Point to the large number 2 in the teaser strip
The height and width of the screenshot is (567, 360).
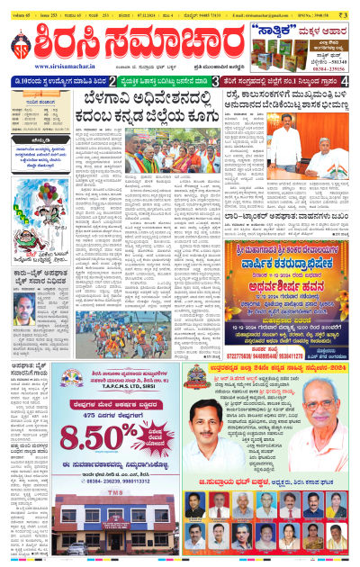tap(112, 82)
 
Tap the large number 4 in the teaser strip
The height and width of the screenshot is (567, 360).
tap(347, 82)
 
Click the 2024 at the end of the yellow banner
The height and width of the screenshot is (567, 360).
tap(334, 369)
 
